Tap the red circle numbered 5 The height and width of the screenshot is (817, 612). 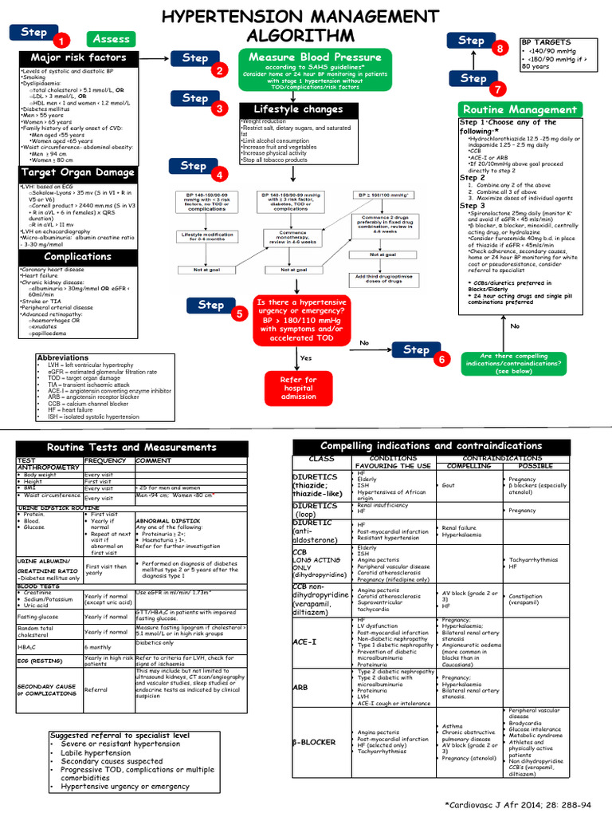[238, 314]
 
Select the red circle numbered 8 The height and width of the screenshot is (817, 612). [500, 49]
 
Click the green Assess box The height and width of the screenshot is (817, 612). [111, 38]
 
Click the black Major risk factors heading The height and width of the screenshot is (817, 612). [78, 58]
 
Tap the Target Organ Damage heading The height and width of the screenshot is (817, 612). [78, 172]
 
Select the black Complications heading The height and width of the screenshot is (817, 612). [78, 257]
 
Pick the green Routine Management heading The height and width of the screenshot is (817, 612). [519, 109]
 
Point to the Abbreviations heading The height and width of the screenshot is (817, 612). [63, 358]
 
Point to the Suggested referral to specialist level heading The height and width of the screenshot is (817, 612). [120, 736]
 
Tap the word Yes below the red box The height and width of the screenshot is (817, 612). [305, 357]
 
